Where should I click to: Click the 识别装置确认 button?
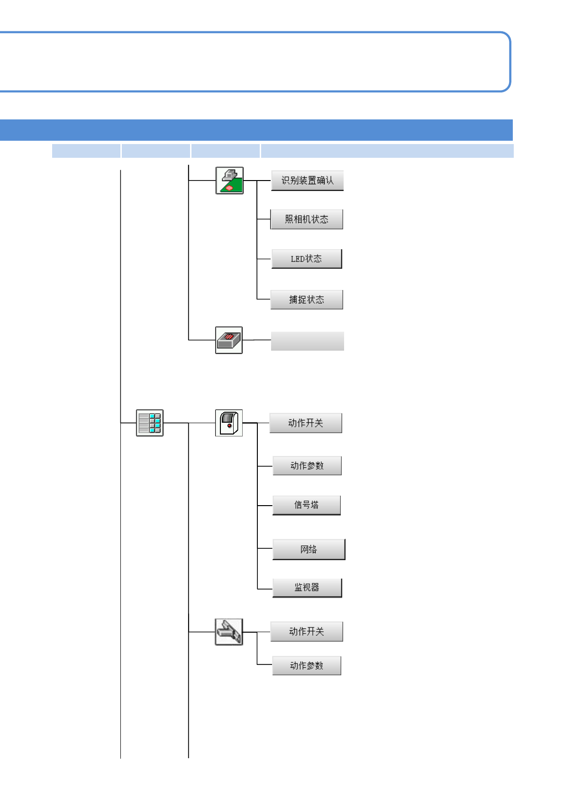click(x=307, y=181)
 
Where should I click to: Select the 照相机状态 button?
click(x=306, y=219)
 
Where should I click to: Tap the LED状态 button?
click(x=306, y=259)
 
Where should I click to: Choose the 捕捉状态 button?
click(x=306, y=299)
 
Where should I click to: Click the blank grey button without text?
click(x=307, y=341)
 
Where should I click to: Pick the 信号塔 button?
click(x=306, y=505)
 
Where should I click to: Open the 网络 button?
click(x=309, y=550)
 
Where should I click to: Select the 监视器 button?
click(x=307, y=588)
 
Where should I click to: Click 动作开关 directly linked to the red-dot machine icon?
click(x=305, y=423)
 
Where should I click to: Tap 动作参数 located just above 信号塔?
click(x=307, y=466)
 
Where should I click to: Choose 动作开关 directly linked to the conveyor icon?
click(x=306, y=632)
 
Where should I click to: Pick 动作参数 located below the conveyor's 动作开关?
click(x=306, y=666)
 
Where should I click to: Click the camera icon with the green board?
click(x=229, y=181)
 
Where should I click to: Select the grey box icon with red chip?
click(x=229, y=340)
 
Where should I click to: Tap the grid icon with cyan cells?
click(x=150, y=423)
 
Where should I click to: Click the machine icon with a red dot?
click(x=229, y=423)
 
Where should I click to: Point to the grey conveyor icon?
click(x=229, y=632)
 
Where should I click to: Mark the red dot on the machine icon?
click(x=229, y=426)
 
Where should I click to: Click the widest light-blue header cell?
click(x=387, y=151)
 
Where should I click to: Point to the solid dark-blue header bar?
click(x=256, y=130)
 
